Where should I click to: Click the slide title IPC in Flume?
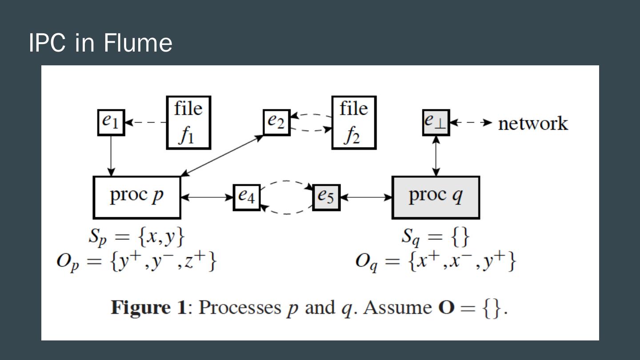(x=100, y=43)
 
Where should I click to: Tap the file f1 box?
(x=188, y=122)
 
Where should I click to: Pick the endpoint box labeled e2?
(x=276, y=122)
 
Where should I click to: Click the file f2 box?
(x=354, y=122)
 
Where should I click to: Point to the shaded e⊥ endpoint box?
(x=436, y=122)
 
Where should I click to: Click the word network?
(x=533, y=123)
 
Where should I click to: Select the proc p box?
(x=137, y=197)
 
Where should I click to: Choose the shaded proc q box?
(x=436, y=197)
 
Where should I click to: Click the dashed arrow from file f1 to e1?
(x=146, y=122)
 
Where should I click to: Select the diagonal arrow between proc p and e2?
(x=222, y=156)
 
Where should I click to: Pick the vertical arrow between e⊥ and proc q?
(x=436, y=156)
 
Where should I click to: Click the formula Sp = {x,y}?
(x=136, y=237)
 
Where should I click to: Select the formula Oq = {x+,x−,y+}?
(x=436, y=262)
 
